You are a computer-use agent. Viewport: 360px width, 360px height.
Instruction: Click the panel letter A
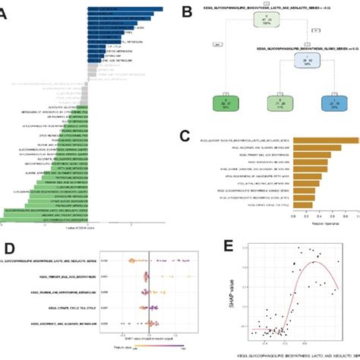tap(6, 13)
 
